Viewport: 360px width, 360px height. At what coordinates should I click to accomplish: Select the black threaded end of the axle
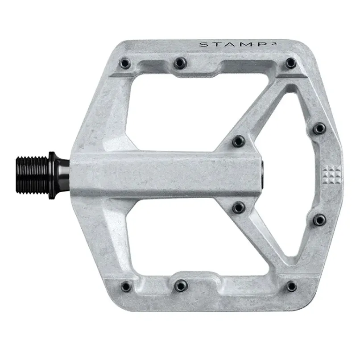tap(33, 175)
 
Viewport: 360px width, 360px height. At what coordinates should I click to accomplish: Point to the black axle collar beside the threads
tap(58, 175)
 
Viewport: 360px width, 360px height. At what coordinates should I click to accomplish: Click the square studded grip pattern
tap(331, 173)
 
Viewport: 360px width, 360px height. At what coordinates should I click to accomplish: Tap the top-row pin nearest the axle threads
tap(125, 63)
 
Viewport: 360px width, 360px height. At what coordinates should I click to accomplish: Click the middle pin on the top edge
tap(180, 63)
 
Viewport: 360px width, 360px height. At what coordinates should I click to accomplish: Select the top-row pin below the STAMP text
tap(291, 63)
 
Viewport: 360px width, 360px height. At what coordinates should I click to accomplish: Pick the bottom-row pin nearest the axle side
tap(126, 286)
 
